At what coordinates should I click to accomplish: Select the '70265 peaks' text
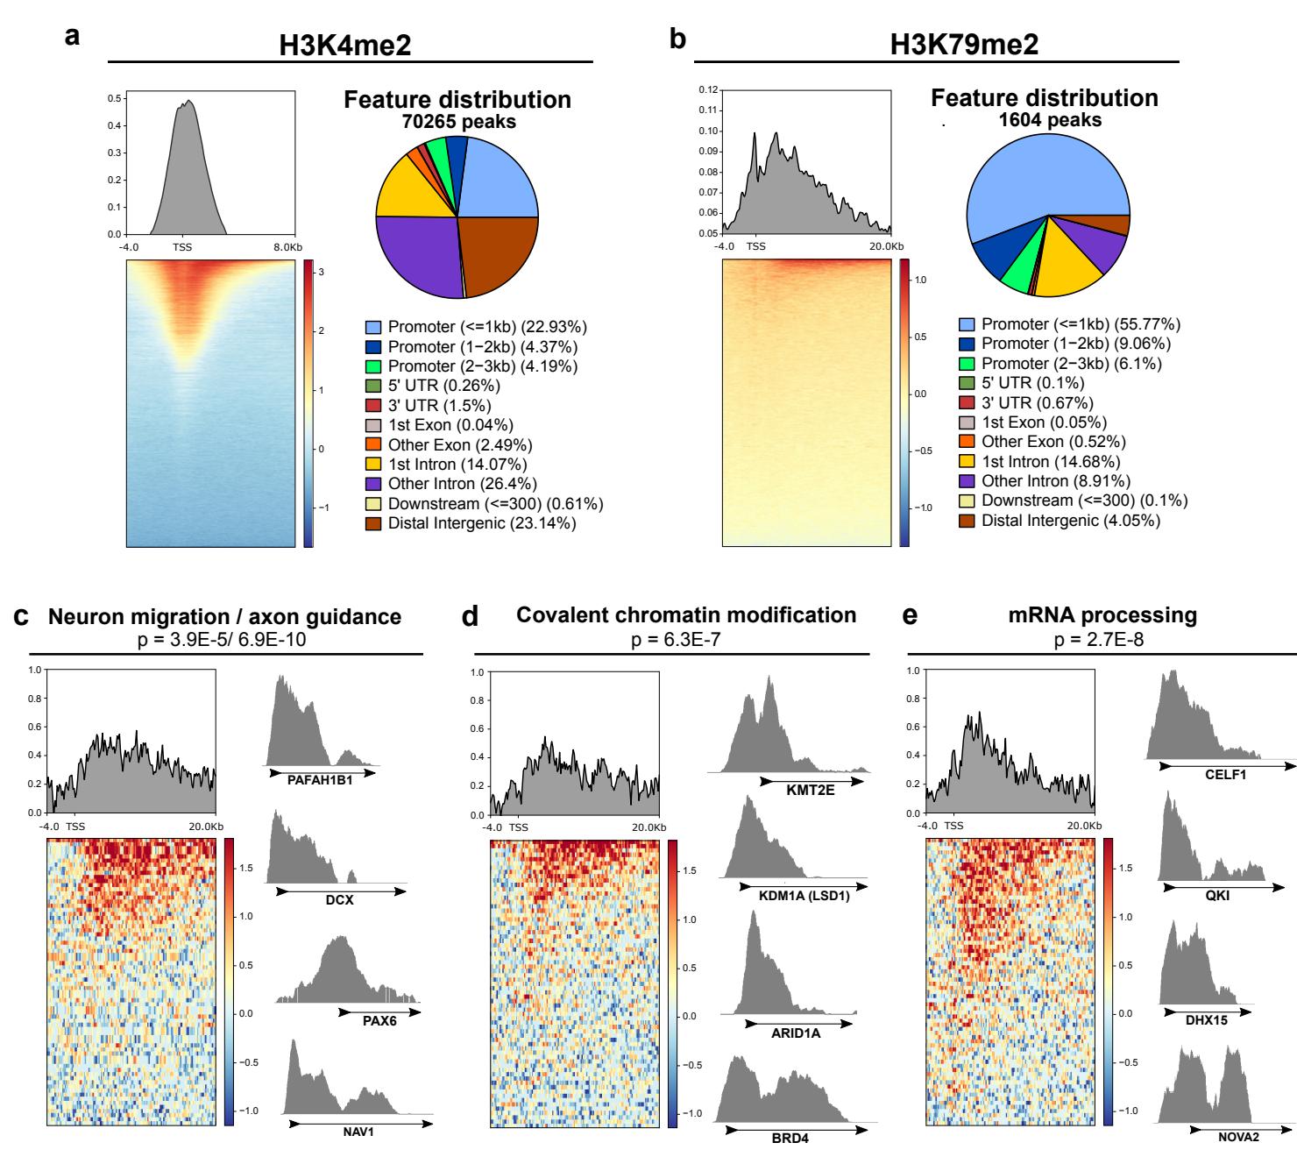(458, 121)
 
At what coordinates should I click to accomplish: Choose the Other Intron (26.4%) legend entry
(462, 484)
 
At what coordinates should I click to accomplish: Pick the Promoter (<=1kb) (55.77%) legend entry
(1081, 324)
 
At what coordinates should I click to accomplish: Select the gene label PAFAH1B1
(320, 777)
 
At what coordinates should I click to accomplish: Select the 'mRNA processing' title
(1102, 615)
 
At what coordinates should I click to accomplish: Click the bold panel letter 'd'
(470, 617)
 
